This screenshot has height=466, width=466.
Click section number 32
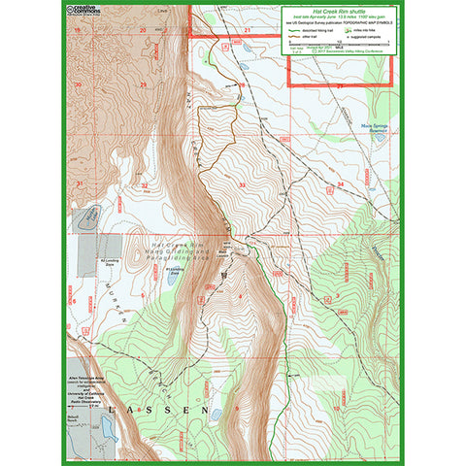(x=144, y=184)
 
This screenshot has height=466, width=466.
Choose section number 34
(x=340, y=183)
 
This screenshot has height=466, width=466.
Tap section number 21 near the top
(x=248, y=31)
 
